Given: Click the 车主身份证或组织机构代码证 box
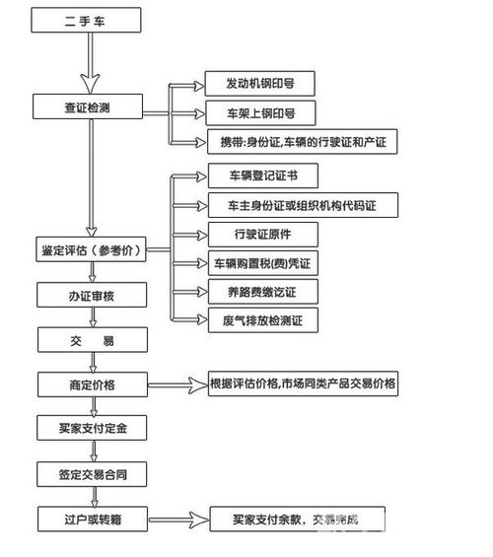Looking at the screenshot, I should (301, 206).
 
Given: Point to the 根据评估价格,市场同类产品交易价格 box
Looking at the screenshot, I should (303, 384).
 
